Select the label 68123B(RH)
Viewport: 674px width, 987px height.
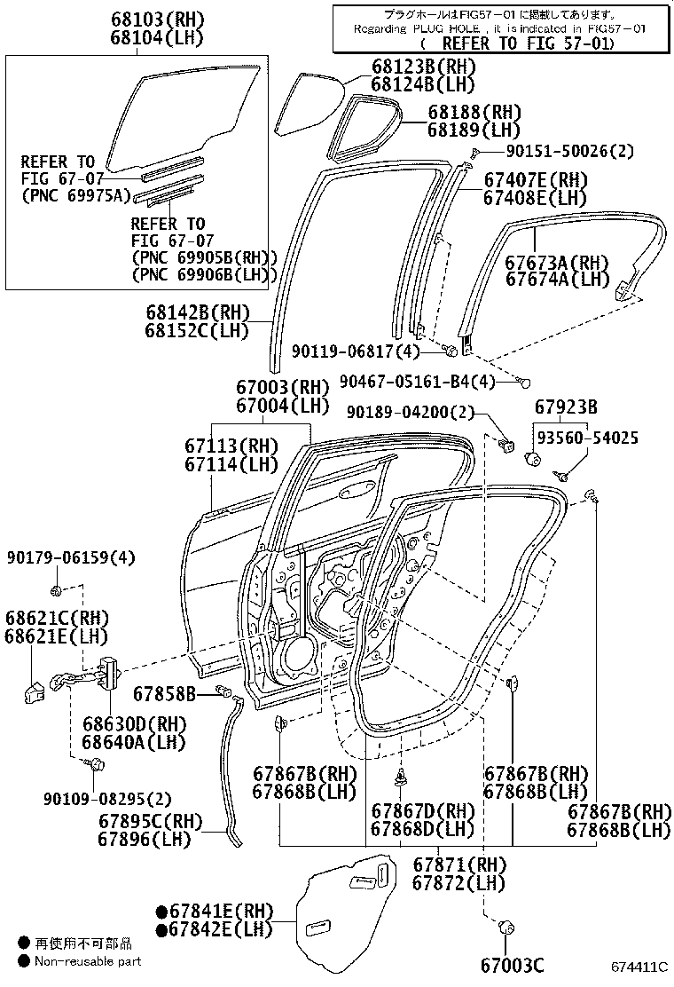click(423, 67)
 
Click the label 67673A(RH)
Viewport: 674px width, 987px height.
click(558, 263)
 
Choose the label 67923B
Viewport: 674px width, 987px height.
click(566, 407)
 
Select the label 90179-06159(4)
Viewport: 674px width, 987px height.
click(71, 557)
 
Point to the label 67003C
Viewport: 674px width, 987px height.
click(513, 966)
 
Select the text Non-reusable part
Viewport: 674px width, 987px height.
click(87, 960)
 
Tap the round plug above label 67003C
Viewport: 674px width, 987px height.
click(510, 928)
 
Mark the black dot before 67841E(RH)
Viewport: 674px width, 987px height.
click(161, 912)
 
